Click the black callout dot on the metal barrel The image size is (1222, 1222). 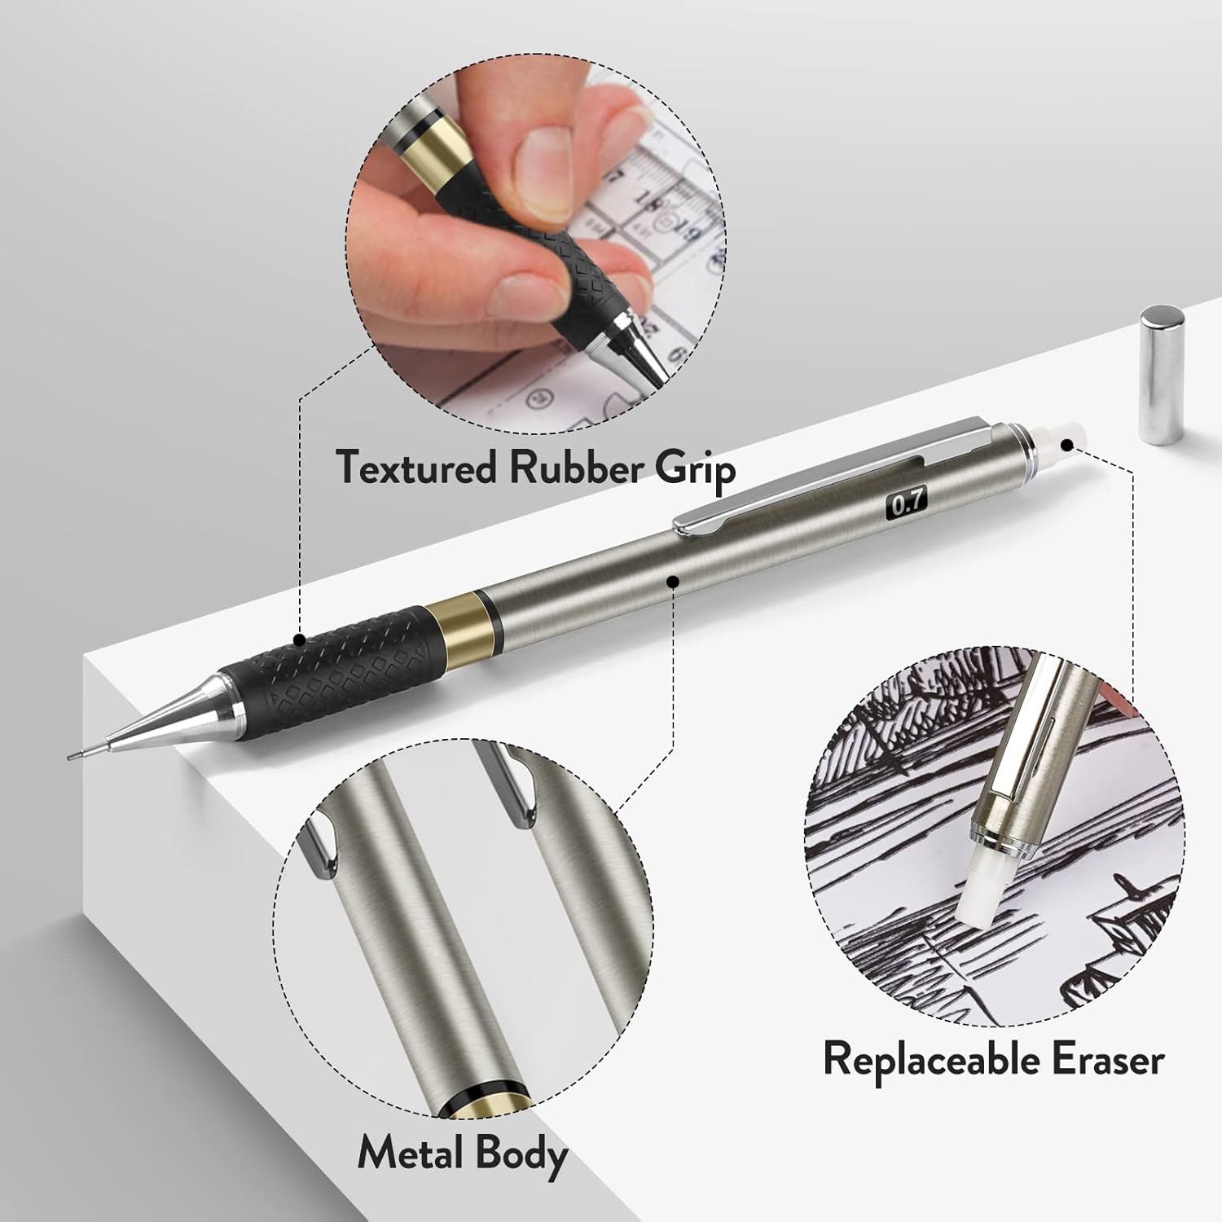tap(673, 581)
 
